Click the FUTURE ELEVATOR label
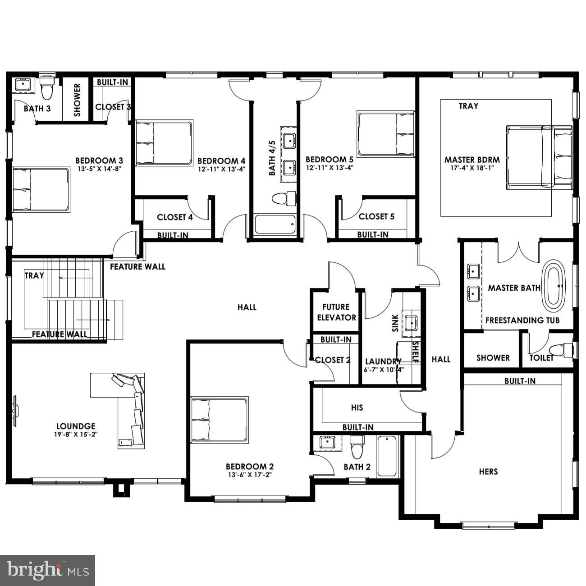click(x=336, y=312)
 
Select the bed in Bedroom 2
click(x=220, y=420)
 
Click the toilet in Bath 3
click(x=46, y=88)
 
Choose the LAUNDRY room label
click(x=383, y=362)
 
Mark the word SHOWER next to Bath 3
click(x=77, y=101)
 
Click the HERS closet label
click(x=488, y=472)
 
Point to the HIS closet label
click(x=357, y=407)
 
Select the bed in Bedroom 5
click(x=386, y=134)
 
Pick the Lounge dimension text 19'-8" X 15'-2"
click(x=76, y=435)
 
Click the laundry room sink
click(x=411, y=323)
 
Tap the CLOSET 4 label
click(x=175, y=217)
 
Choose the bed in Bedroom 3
click(x=41, y=190)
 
